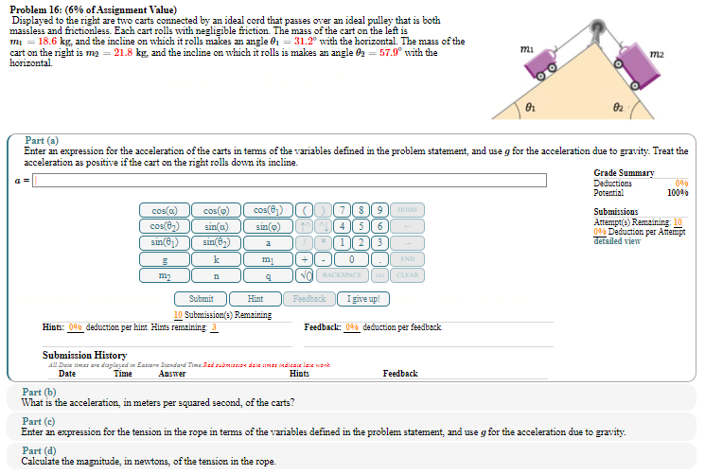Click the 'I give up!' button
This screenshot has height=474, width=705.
pyautogui.click(x=364, y=299)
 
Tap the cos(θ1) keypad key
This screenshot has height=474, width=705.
pyautogui.click(x=268, y=210)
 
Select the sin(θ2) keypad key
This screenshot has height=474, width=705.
pyautogui.click(x=217, y=242)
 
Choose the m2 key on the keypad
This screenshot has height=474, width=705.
pyautogui.click(x=165, y=274)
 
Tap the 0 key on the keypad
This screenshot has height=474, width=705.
pyautogui.click(x=351, y=258)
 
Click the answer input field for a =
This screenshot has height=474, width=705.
pyautogui.click(x=290, y=180)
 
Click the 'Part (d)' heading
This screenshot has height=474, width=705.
pyautogui.click(x=39, y=451)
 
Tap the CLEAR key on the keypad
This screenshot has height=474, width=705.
pyautogui.click(x=407, y=274)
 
